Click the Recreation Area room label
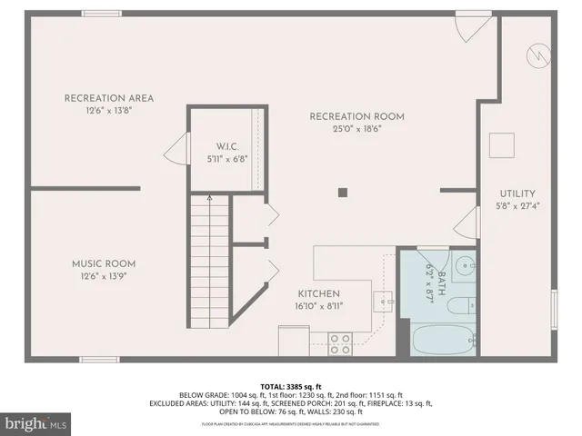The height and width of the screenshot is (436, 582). (x=108, y=98)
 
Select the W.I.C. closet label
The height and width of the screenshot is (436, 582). (x=226, y=146)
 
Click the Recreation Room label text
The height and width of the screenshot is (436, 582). (x=356, y=116)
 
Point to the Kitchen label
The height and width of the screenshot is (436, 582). (x=318, y=293)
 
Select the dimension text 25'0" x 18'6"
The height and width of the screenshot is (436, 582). (x=356, y=129)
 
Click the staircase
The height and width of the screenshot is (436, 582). (x=210, y=263)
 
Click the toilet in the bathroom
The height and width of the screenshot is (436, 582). (x=461, y=305)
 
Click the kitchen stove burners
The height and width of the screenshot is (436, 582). (x=339, y=343)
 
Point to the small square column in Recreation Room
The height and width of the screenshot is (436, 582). (x=343, y=192)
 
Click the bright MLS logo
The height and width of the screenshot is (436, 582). (x=37, y=423)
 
